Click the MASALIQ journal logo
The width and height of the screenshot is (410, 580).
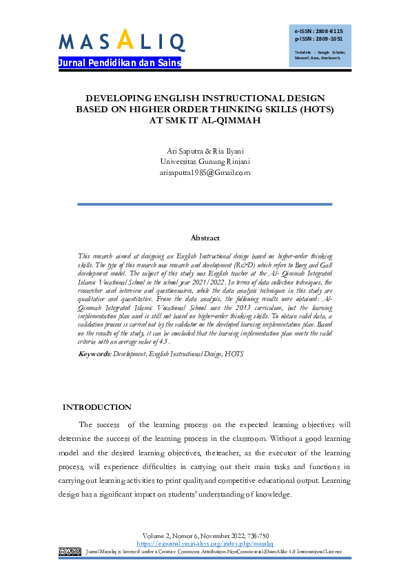[x=121, y=41]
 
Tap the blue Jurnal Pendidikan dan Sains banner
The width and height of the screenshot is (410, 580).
[x=119, y=63]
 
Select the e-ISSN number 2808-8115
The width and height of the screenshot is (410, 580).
[x=329, y=32]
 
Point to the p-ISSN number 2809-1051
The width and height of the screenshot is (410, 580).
[x=329, y=39]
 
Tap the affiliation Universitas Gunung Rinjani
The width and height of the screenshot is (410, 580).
[x=205, y=162]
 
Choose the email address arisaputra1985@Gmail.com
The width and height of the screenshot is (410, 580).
[x=205, y=173]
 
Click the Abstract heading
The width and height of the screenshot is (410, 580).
[x=205, y=238]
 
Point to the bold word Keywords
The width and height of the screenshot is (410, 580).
[x=94, y=353]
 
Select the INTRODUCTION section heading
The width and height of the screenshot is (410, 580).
[x=97, y=407]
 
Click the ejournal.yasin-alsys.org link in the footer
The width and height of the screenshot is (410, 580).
[x=205, y=543]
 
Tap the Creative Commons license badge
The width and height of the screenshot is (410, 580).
[x=70, y=551]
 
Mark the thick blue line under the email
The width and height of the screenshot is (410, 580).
[x=205, y=204]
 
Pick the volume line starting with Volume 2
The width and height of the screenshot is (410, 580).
[x=205, y=535]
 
